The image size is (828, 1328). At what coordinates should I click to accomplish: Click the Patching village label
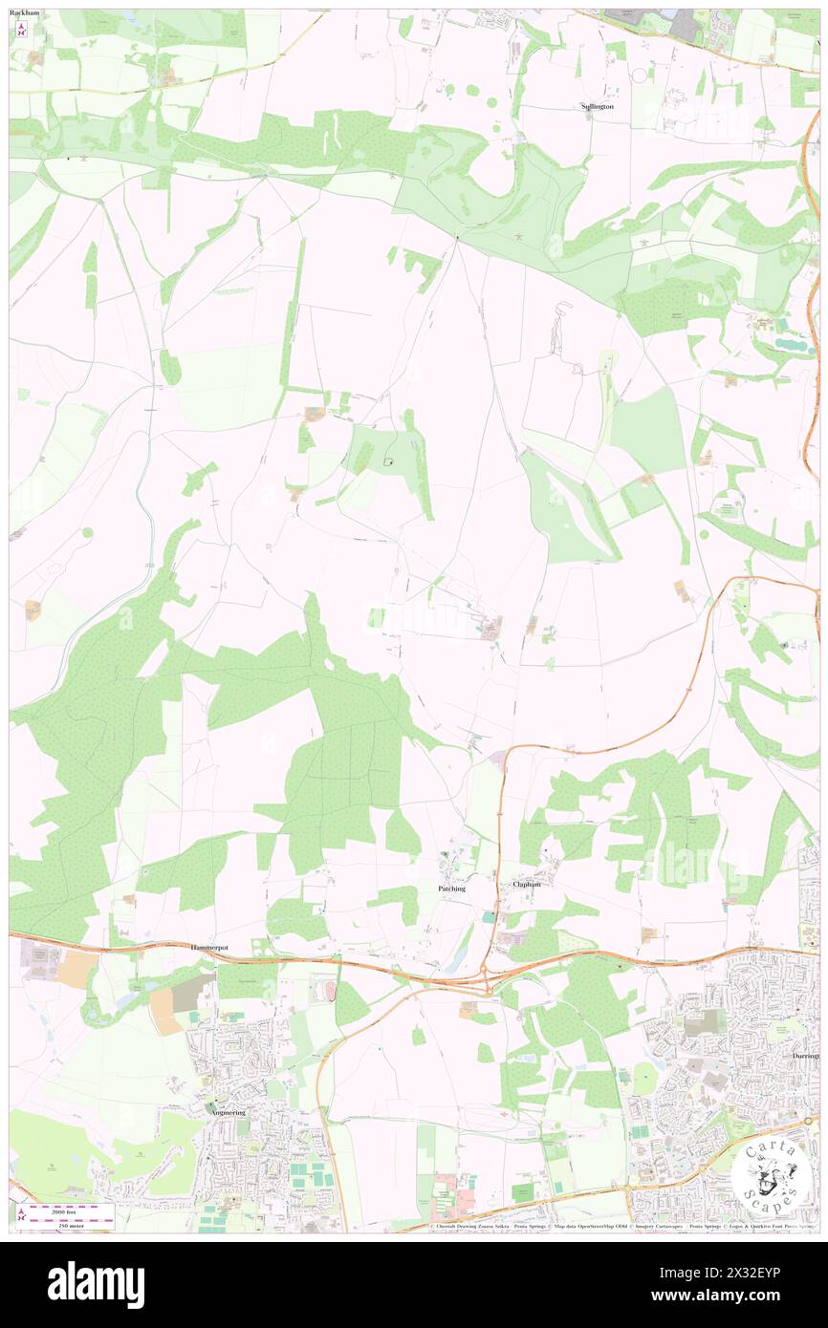[x=451, y=888]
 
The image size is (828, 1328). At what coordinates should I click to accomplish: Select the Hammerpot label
[x=212, y=946]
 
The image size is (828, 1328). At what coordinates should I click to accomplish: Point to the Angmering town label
[x=229, y=1112]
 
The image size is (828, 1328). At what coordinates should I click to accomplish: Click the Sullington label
[x=598, y=106]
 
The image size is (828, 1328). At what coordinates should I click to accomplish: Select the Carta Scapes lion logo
[x=767, y=1174]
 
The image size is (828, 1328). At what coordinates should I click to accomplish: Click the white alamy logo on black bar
[x=96, y=1284]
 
